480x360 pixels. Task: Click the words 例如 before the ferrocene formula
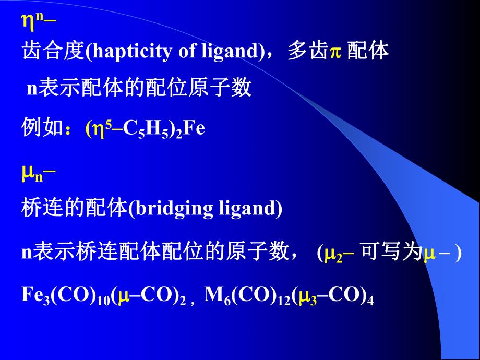pos(42,128)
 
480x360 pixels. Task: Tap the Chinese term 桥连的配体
pos(75,209)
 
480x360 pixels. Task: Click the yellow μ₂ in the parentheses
pos(332,254)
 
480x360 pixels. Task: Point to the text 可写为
pos(391,253)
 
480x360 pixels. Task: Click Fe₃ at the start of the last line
pos(34,296)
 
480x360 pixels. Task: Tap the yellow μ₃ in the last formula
pos(306,297)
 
